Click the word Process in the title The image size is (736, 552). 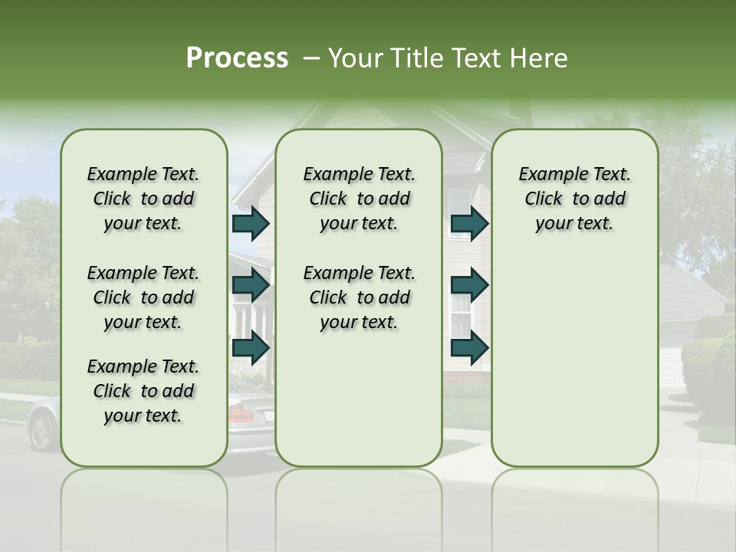click(x=237, y=58)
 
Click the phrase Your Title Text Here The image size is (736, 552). click(x=448, y=58)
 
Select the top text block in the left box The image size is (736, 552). click(x=143, y=199)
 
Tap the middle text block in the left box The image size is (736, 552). click(x=143, y=297)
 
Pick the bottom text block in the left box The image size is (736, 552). click(x=143, y=391)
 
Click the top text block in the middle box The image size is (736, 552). click(x=359, y=199)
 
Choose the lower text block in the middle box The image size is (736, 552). click(x=359, y=297)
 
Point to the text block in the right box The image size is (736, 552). click(x=574, y=199)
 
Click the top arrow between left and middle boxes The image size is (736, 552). click(x=251, y=224)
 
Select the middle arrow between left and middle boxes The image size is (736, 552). click(x=251, y=285)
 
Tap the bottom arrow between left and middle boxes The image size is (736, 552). click(x=251, y=347)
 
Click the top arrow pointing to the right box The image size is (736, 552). click(x=469, y=224)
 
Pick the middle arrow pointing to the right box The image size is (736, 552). click(x=469, y=285)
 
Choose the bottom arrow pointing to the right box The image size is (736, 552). click(x=469, y=347)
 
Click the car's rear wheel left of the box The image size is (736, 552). click(x=43, y=430)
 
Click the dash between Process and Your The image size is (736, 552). click(x=310, y=59)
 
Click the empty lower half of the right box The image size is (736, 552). click(x=574, y=368)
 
